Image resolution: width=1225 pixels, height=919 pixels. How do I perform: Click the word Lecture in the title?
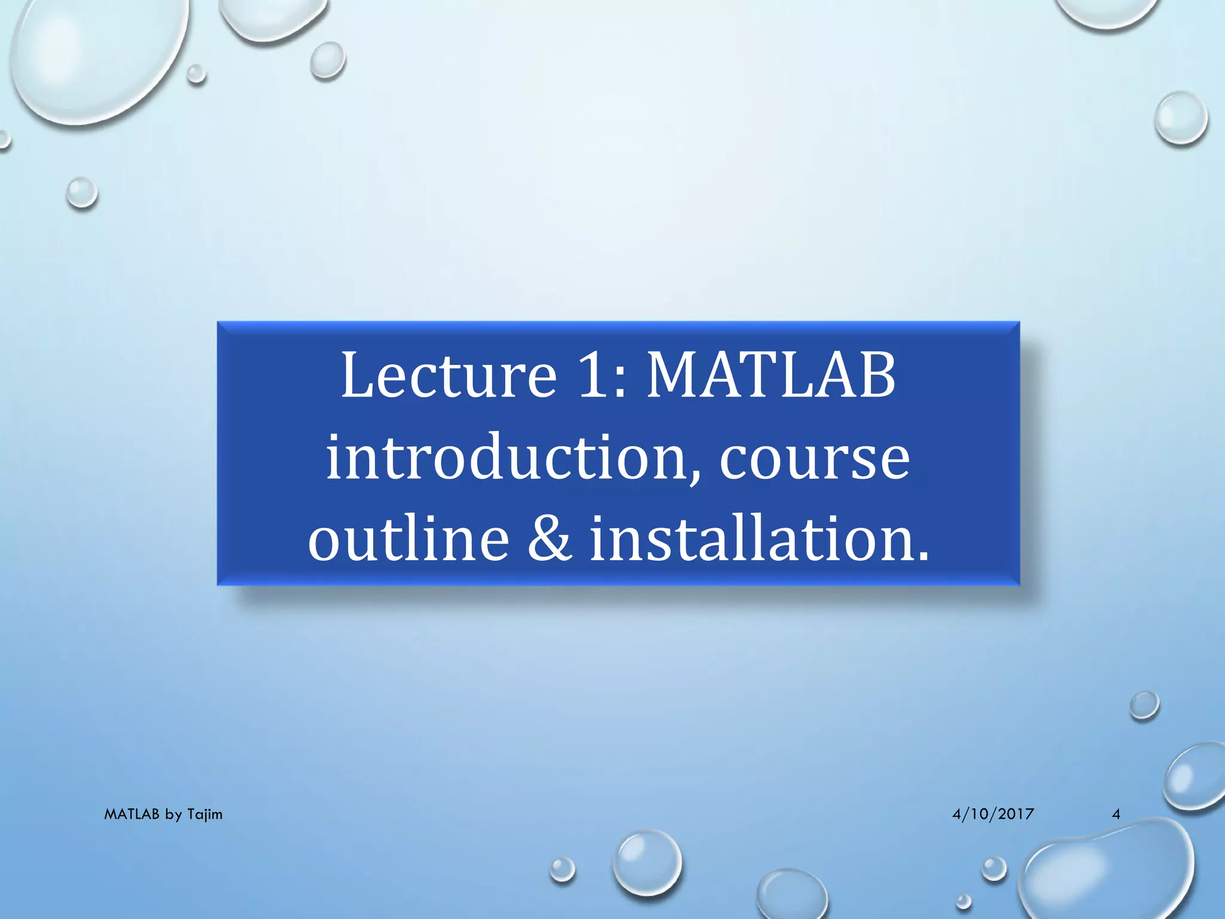tap(449, 376)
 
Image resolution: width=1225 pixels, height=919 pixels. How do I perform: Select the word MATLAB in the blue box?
tap(772, 376)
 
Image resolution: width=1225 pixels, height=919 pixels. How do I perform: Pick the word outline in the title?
tap(409, 538)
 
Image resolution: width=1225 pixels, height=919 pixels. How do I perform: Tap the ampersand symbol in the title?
tap(549, 538)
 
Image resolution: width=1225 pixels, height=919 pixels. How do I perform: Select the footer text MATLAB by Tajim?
tap(163, 814)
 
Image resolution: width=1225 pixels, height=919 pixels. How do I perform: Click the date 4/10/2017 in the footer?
tap(993, 814)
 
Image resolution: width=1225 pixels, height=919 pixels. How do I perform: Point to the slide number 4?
tap(1116, 814)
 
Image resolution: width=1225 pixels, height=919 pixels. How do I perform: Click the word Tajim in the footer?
tap(205, 814)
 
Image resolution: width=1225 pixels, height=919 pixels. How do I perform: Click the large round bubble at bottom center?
tap(647, 862)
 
